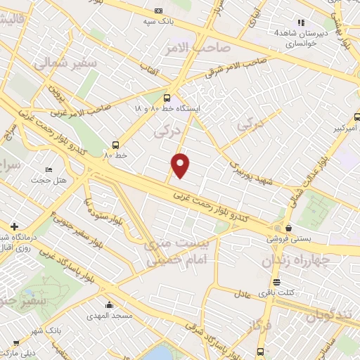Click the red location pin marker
pos(181,165)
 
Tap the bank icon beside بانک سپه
pos(158,11)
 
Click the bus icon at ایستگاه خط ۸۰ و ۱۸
pos(167,98)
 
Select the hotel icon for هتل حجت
pos(49,170)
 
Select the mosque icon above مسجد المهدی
pos(109,305)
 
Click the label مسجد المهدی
pos(109,316)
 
